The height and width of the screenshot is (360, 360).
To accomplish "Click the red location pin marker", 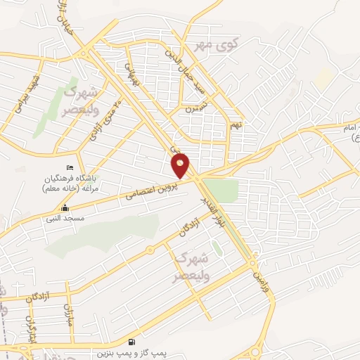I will coord(181,165).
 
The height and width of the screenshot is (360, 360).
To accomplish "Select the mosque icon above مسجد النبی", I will coord(65,208).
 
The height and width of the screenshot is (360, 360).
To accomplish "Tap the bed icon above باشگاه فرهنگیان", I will coord(68,167).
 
